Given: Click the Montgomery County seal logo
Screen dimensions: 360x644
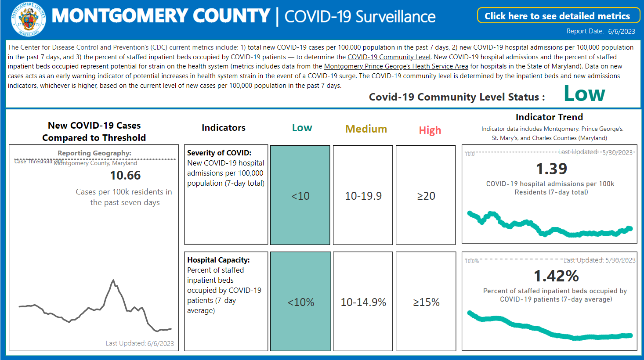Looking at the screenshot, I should [28, 18].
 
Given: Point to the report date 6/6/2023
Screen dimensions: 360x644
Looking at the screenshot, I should [622, 31].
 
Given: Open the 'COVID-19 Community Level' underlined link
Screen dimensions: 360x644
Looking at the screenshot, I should [389, 57].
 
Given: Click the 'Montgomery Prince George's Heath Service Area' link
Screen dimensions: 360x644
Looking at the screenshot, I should [396, 66].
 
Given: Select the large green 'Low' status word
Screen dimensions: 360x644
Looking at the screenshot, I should [584, 94].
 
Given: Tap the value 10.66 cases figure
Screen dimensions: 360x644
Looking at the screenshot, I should [125, 176].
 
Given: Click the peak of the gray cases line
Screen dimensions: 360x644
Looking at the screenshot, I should [113, 280].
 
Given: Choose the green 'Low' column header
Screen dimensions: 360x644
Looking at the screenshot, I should [302, 128].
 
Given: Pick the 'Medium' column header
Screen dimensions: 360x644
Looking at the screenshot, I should [366, 129].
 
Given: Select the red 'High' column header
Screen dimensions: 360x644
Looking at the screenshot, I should [430, 130].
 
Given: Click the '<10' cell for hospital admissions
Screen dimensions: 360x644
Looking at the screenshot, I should [300, 195].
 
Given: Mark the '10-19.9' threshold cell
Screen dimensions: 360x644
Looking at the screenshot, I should [363, 195].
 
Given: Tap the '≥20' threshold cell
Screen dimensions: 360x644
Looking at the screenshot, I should [426, 195].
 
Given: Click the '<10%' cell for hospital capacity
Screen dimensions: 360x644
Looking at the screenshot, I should [301, 302].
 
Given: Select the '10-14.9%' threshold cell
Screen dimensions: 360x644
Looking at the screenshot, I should [363, 302].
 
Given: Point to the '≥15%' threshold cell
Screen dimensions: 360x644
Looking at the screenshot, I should [426, 302].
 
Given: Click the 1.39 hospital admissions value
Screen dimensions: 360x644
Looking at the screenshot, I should [551, 169].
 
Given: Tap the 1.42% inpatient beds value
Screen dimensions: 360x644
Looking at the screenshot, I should [556, 276].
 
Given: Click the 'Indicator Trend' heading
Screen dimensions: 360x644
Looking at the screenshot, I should [549, 117].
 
